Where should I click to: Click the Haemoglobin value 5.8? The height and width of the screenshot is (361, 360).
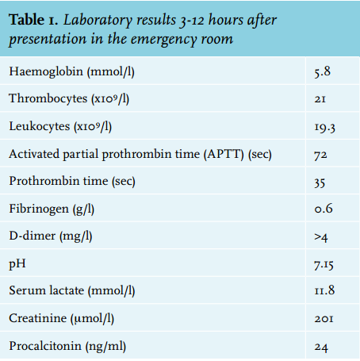pos(323,71)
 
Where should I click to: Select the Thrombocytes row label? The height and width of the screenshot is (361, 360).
pos(69,99)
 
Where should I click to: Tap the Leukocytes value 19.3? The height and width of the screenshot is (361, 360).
pos(325,127)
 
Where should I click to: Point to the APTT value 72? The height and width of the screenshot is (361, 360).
pos(320,155)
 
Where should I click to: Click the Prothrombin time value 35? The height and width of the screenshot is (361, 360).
pos(320,182)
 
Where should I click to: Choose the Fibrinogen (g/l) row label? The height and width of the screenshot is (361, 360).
pos(52,209)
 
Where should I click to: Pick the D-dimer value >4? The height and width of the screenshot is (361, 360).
pos(321,237)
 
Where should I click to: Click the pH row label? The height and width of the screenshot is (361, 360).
pos(17,264)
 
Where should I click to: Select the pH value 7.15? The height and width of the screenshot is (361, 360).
pos(324,265)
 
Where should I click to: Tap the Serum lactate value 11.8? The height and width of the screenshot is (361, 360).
pos(324,290)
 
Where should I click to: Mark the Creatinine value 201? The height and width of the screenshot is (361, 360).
pos(324,318)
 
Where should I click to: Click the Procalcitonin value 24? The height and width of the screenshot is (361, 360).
pos(321,347)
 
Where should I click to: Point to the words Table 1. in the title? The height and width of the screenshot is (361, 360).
pos(33,20)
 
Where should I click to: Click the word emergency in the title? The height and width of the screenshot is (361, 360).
pos(163,40)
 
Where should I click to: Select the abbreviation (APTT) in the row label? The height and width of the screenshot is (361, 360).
pos(224,154)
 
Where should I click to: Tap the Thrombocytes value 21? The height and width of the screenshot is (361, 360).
pos(320,99)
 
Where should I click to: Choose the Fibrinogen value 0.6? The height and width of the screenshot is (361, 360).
pos(324,209)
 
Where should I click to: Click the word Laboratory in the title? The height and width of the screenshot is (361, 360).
pos(98,21)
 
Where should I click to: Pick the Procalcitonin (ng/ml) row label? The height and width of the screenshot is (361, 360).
pos(67,346)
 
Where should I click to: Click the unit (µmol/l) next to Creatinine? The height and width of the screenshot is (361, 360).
pos(92,318)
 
